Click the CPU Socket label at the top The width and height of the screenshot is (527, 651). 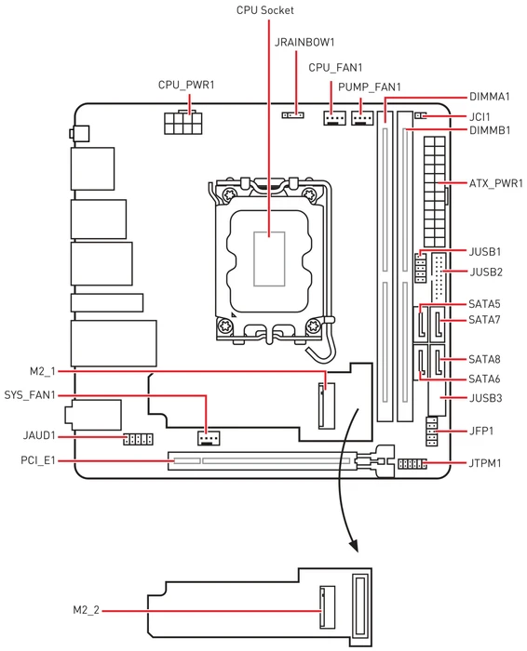tap(264, 10)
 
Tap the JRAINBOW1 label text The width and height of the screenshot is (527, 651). tap(304, 43)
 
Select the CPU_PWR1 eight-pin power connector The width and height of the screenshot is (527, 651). tap(183, 122)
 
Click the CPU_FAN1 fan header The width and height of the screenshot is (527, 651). tap(334, 118)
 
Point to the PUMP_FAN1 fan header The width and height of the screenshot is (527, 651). tap(362, 118)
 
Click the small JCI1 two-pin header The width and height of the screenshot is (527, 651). tap(421, 115)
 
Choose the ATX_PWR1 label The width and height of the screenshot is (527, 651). tap(496, 183)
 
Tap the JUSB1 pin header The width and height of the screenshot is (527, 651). tap(421, 269)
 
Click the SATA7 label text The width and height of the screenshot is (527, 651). tap(484, 320)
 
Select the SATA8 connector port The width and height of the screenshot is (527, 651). tap(438, 362)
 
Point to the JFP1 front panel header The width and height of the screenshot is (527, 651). tap(432, 432)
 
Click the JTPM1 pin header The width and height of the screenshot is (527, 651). tap(412, 464)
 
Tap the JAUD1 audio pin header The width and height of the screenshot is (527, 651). tap(138, 439)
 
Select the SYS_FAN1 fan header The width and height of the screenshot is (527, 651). tap(209, 438)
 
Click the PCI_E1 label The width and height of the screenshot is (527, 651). tap(38, 460)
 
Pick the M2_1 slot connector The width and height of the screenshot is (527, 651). tap(327, 405)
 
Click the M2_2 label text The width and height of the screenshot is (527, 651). tap(86, 610)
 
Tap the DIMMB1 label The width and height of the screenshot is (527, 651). tap(490, 130)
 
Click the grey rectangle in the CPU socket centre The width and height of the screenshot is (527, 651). tap(269, 259)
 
